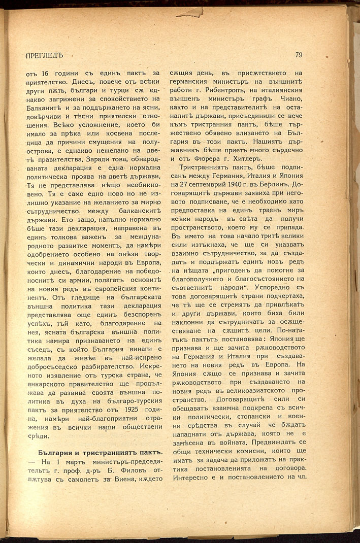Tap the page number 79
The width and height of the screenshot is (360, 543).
[298, 54]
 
